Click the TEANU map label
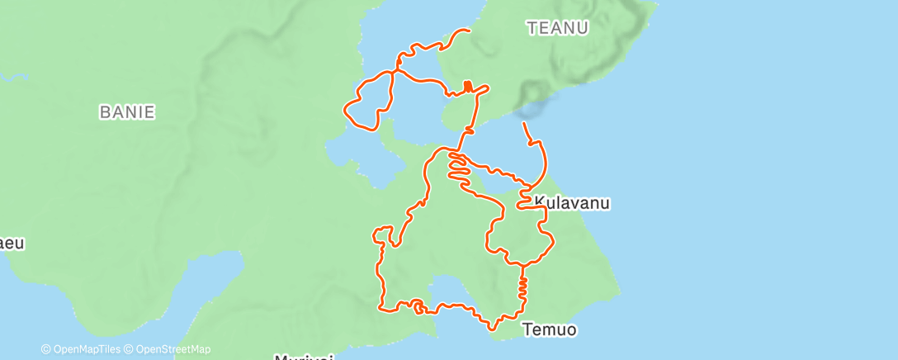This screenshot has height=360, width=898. pyautogui.click(x=558, y=28)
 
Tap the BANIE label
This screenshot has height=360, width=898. pyautogui.click(x=127, y=112)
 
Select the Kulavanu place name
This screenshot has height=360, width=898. pyautogui.click(x=572, y=202)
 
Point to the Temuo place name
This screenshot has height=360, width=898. pyautogui.click(x=549, y=330)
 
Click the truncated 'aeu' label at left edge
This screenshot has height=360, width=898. pyautogui.click(x=12, y=244)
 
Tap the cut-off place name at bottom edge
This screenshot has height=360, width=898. pyautogui.click(x=303, y=357)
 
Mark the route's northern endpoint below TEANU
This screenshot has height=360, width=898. pyautogui.click(x=469, y=31)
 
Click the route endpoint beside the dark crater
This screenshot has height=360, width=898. pyautogui.click(x=523, y=123)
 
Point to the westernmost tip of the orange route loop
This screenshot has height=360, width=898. pyautogui.click(x=344, y=107)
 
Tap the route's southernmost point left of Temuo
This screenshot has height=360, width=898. pyautogui.click(x=493, y=329)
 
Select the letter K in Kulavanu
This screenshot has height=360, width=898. pyautogui.click(x=540, y=202)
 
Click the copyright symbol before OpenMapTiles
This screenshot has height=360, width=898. pyautogui.click(x=46, y=349)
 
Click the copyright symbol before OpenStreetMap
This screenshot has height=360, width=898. pyautogui.click(x=131, y=349)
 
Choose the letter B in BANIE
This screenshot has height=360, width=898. pyautogui.click(x=104, y=112)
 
